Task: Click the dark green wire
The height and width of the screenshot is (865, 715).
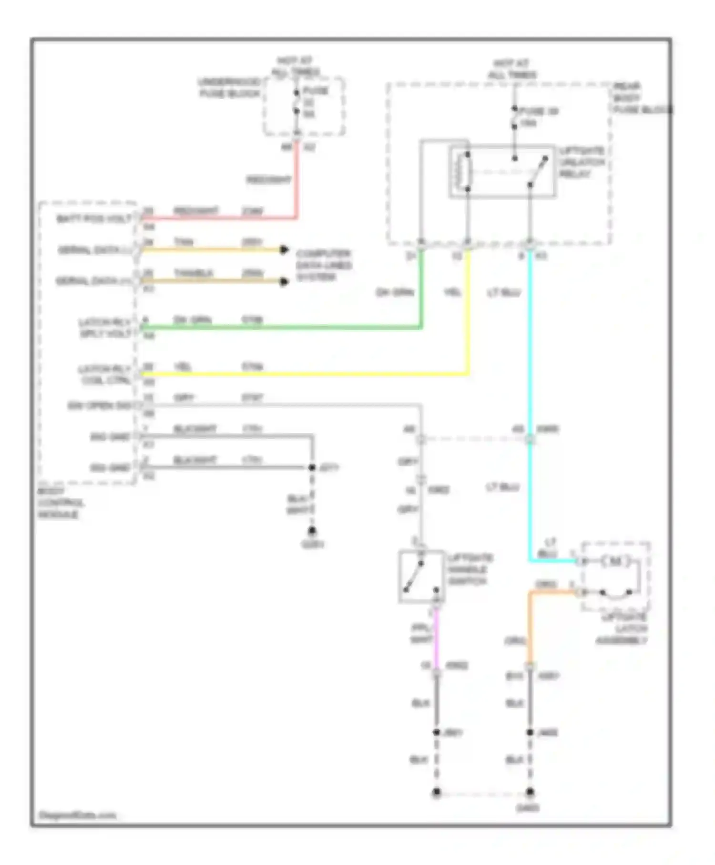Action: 286,327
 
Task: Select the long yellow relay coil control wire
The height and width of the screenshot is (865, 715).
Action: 305,374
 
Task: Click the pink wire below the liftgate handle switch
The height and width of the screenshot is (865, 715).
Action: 436,639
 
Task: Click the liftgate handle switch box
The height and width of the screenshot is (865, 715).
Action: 421,576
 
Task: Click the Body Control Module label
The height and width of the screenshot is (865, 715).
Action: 60,503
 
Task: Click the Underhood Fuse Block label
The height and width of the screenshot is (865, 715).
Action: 230,88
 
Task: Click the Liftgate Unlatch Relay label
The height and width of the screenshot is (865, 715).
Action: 582,162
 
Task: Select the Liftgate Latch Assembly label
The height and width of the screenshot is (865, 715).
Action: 622,628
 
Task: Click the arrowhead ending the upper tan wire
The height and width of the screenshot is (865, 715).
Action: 284,249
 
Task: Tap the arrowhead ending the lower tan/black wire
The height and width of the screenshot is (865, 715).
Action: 284,281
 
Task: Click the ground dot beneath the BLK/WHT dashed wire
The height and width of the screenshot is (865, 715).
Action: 312,530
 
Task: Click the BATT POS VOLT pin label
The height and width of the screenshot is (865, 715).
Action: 93,218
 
